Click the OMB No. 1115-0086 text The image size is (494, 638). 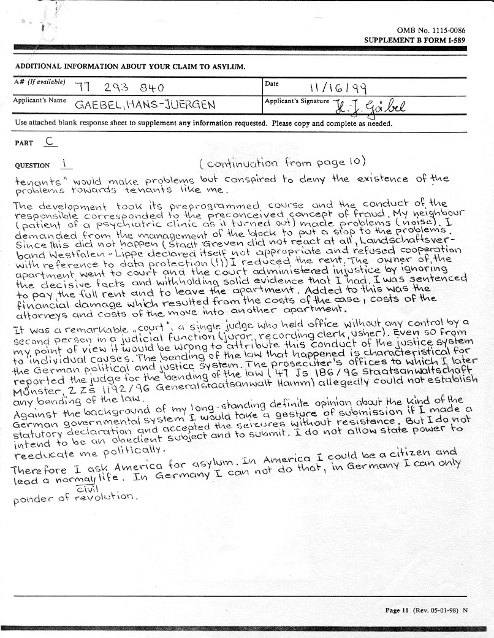pyautogui.click(x=431, y=30)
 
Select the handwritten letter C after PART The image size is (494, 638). pyautogui.click(x=51, y=140)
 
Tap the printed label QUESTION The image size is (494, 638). pyautogui.click(x=32, y=165)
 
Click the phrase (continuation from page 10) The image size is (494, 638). pyautogui.click(x=282, y=163)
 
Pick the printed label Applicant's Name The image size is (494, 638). pyautogui.click(x=40, y=100)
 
